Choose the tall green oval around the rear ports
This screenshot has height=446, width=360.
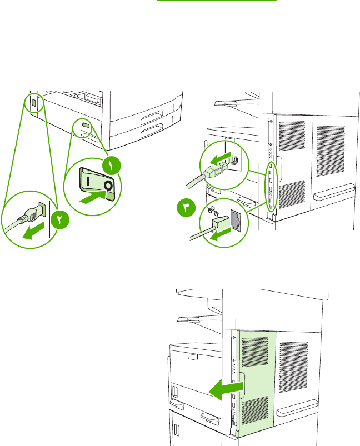point(271,186)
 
